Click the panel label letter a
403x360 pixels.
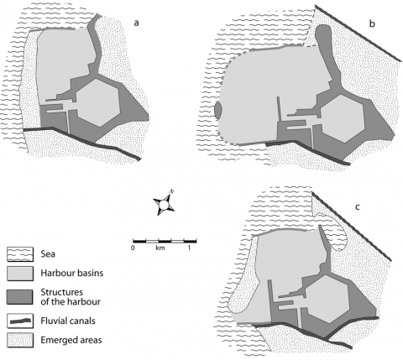(136, 23)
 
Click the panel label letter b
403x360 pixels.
(372, 23)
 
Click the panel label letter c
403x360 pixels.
(358, 207)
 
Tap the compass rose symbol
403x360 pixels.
(164, 204)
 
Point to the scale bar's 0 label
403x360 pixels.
(133, 248)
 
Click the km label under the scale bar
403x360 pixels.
(160, 248)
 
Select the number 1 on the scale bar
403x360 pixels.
(189, 248)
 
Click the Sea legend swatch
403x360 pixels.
(20, 254)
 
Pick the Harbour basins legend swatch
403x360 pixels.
(20, 274)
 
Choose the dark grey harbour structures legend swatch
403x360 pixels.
(20, 297)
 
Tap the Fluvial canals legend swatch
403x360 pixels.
(20, 321)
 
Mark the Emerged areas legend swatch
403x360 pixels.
(20, 340)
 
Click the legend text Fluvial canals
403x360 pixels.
(68, 321)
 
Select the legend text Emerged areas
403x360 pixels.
(71, 340)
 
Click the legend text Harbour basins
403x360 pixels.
(72, 273)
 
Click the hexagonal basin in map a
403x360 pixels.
(97, 102)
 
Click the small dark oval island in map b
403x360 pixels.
(217, 110)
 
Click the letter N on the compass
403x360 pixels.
(172, 191)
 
